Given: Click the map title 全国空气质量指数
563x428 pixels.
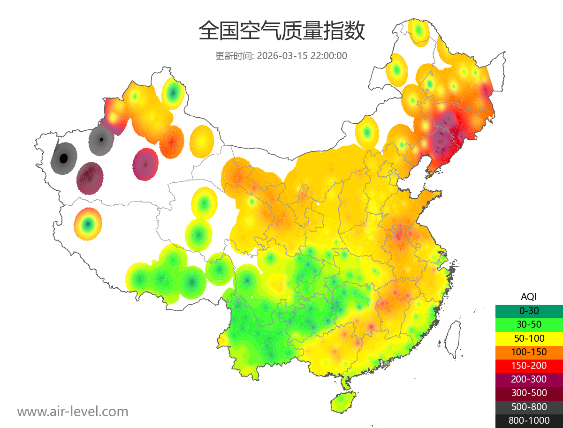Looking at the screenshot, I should pos(281,31).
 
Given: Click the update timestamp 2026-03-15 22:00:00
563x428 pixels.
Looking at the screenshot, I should pos(302,56).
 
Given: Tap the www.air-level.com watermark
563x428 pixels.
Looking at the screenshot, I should pos(73,412).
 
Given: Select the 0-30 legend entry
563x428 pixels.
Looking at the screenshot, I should pos(529,311).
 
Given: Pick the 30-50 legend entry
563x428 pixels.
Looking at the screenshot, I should pos(529,324).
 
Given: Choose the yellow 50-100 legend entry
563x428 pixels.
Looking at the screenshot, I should pos(529,338).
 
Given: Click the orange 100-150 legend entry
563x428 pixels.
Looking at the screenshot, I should pos(529,352).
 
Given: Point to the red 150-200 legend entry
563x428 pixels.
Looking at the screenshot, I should pos(529,366).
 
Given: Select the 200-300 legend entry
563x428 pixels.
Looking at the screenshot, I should pos(529,379).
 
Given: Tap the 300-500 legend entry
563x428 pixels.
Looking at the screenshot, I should pos(529,393).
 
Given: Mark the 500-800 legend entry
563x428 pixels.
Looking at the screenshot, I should pos(529,407).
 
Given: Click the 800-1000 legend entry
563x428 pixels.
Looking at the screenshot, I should pos(529,420).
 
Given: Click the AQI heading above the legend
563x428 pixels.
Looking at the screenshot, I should pos(529,297).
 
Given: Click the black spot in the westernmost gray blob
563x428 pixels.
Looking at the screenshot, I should pos(64,158).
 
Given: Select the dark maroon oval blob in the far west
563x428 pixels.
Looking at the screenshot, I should pos(90,178).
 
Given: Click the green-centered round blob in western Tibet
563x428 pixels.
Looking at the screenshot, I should pos(88,224).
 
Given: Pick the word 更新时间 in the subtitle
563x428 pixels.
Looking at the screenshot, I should pos(234,56).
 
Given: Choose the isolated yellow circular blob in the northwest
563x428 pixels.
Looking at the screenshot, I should pos(202,141).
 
